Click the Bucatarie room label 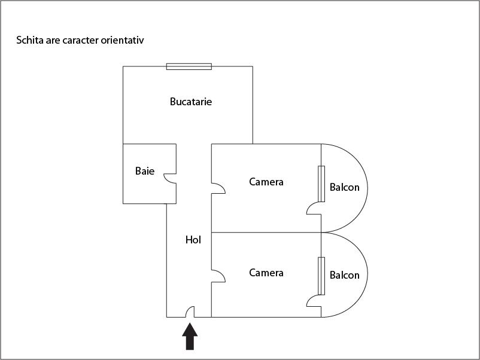[x=191, y=102]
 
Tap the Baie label [x=145, y=171]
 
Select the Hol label [x=193, y=240]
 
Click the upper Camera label [x=266, y=182]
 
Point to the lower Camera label [x=266, y=273]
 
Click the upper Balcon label [x=344, y=187]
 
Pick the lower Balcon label [x=344, y=275]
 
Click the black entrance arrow [x=190, y=336]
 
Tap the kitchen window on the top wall [x=189, y=66]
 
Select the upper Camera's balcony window [x=321, y=184]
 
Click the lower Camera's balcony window [x=321, y=276]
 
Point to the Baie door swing [x=170, y=178]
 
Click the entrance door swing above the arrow [x=190, y=312]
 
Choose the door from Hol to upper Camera [x=218, y=188]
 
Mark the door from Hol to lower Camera [x=218, y=276]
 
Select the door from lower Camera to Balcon [x=314, y=301]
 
